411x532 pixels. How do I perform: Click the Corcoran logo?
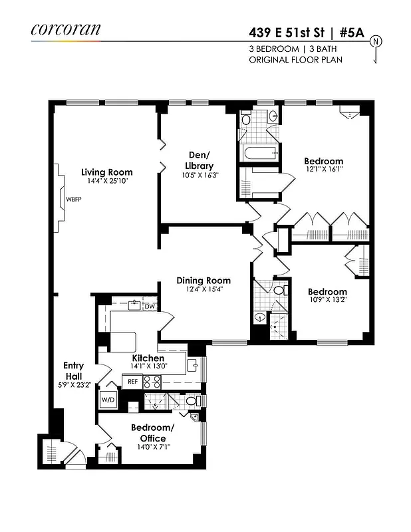point(65,29)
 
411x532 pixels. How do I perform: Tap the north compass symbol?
point(377,42)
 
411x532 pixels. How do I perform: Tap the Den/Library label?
point(199,160)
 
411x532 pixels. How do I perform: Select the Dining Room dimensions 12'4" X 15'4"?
point(204,289)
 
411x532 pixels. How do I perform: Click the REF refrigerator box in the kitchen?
point(132,382)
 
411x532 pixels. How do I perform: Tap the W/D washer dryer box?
point(108,400)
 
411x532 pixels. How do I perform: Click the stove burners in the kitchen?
point(152,382)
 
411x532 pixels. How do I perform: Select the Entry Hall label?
point(74,370)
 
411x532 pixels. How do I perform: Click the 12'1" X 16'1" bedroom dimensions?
point(323,170)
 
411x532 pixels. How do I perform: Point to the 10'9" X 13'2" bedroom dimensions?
point(327,300)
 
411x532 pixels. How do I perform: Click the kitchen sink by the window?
point(192,364)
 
